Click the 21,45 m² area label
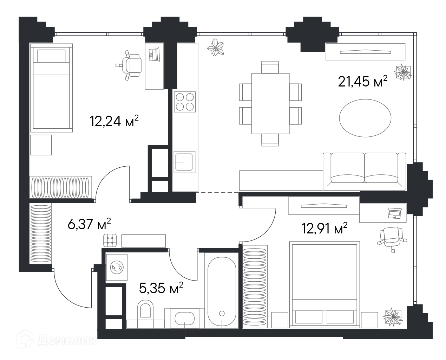(x=362, y=81)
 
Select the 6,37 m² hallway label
(x=89, y=224)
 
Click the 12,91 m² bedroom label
(x=324, y=228)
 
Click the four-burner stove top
(x=185, y=102)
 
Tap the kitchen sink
(x=184, y=162)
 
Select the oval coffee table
(x=365, y=118)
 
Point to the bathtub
(x=222, y=290)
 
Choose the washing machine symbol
(x=117, y=267)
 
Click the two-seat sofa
(x=364, y=172)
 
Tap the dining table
(x=270, y=103)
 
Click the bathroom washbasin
(x=184, y=319)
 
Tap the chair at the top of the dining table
(x=270, y=67)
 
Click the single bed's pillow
(x=51, y=56)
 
